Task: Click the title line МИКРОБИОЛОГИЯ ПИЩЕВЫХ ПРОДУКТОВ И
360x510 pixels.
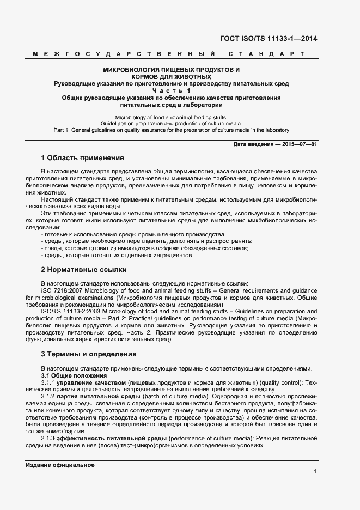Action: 172,70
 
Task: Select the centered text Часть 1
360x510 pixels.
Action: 172,90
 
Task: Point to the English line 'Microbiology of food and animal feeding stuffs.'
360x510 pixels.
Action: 172,117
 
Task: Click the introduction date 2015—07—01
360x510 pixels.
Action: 299,143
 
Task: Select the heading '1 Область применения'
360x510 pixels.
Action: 82,158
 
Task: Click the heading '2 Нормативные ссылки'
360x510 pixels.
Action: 84,269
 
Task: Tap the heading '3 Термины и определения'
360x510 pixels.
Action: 89,354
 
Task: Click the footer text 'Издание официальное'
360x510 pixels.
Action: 60,465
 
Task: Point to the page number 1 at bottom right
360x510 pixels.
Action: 315,471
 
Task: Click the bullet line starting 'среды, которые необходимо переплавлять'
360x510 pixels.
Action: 147,241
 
